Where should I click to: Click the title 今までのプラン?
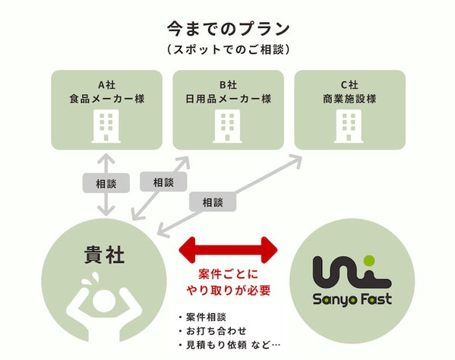(x=228, y=30)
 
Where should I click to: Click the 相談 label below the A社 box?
(x=100, y=183)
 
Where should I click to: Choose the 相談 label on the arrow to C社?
(x=213, y=202)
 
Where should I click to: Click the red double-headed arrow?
(x=227, y=248)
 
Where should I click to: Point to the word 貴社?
(x=105, y=256)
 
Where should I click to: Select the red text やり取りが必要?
(x=228, y=289)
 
